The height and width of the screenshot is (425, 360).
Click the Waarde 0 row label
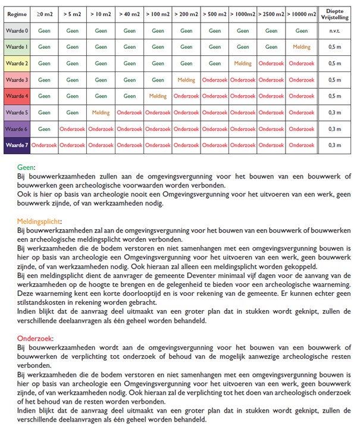(x=16, y=30)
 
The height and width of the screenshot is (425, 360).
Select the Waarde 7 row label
(x=16, y=145)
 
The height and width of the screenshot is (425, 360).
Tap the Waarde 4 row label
(x=16, y=95)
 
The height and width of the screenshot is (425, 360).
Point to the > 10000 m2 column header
(x=302, y=13)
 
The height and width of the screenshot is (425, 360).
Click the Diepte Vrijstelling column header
(x=336, y=13)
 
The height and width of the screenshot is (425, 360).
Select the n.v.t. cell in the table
(x=336, y=30)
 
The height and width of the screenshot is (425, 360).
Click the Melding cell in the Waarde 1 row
(x=302, y=46)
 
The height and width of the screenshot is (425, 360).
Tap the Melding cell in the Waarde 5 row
(x=101, y=112)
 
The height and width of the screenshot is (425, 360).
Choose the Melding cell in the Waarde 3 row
(x=186, y=79)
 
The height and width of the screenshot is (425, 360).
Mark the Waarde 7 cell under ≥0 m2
(x=44, y=145)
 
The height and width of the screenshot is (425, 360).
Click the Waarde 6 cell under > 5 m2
(x=72, y=129)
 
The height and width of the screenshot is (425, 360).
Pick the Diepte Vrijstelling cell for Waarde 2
(x=336, y=62)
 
